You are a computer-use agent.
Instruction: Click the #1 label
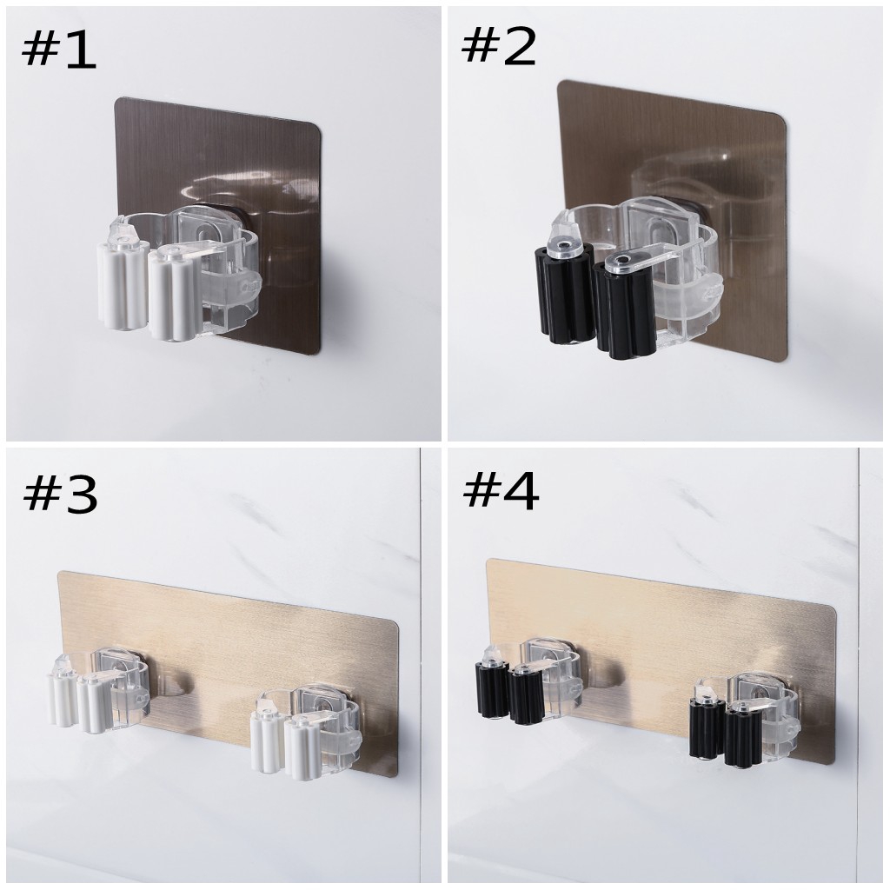point(58,50)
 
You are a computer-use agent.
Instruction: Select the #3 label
point(58,495)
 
